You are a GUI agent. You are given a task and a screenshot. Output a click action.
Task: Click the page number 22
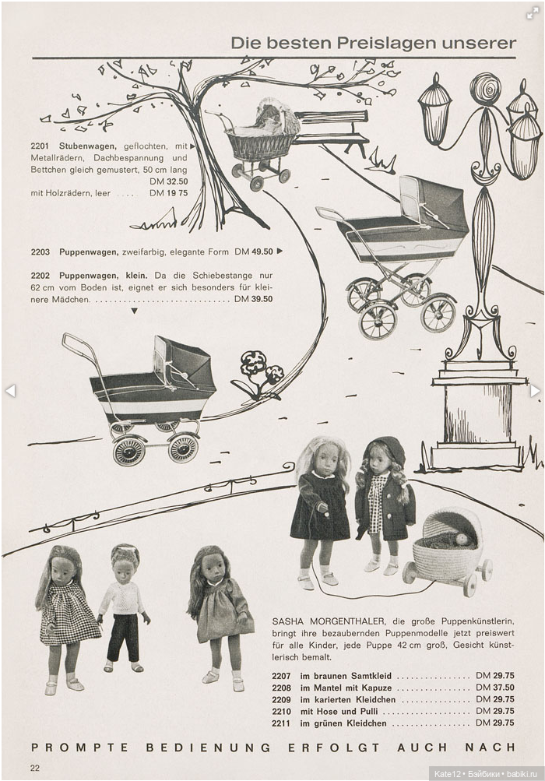click(x=36, y=769)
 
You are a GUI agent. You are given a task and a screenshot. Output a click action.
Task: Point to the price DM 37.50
click(x=494, y=688)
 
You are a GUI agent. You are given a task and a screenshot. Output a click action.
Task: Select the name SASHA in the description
click(x=290, y=621)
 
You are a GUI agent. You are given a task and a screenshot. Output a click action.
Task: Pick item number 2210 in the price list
click(x=281, y=711)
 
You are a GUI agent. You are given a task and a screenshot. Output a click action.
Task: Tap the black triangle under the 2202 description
click(x=134, y=311)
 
